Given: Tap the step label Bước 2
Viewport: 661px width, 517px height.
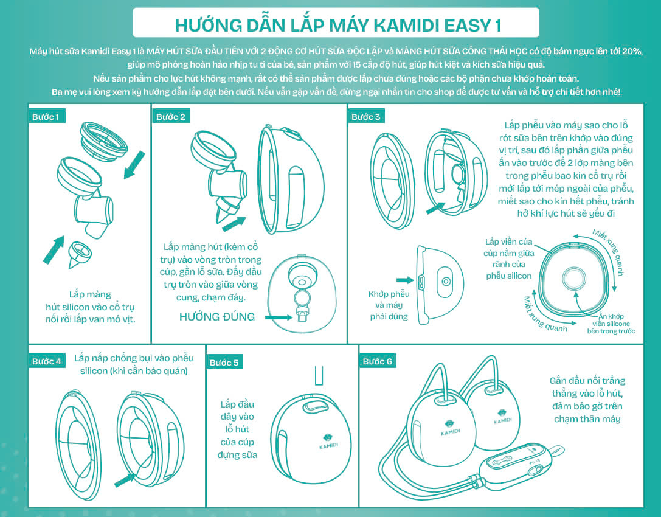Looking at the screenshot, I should click(171, 117).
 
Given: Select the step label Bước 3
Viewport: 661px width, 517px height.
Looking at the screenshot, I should click(366, 117).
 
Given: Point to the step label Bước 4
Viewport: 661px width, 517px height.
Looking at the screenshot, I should click(46, 361).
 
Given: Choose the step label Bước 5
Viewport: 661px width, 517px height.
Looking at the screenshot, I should click(224, 363).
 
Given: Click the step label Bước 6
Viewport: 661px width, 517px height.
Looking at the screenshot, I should click(378, 361).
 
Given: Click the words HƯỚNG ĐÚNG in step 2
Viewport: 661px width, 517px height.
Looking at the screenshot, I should click(217, 317).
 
